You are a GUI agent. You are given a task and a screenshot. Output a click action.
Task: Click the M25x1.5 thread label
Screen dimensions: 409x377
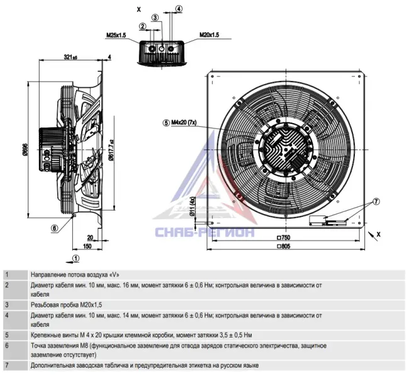click(x=116, y=35)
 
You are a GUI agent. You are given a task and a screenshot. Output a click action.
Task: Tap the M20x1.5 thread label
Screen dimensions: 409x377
click(x=209, y=35)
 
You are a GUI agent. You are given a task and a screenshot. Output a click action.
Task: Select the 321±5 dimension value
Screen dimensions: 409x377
click(x=70, y=57)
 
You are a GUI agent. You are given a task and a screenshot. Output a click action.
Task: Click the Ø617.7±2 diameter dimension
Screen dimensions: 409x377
click(x=111, y=150)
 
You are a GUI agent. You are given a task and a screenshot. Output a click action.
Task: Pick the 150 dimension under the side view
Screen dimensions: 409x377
click(x=87, y=246)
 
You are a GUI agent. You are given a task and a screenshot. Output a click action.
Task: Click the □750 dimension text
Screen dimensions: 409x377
click(x=283, y=238)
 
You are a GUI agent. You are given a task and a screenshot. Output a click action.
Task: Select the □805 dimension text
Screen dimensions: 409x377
click(x=283, y=246)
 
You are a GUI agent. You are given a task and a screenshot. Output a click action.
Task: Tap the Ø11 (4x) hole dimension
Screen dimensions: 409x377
click(x=193, y=207)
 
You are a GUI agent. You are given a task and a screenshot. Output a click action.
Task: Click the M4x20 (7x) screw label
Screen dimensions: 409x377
click(x=184, y=123)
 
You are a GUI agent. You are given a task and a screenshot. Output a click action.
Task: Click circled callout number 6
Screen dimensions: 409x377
click(x=55, y=228)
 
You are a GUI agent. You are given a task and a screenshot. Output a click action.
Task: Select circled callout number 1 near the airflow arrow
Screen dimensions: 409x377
click(x=76, y=258)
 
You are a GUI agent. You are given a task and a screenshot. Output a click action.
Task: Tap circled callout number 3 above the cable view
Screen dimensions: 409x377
click(x=155, y=18)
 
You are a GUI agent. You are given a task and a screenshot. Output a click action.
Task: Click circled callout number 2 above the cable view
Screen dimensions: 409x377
click(x=142, y=26)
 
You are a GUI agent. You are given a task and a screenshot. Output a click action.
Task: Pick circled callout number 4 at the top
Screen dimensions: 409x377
click(x=179, y=9)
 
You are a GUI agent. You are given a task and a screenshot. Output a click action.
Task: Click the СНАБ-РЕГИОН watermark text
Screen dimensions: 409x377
click(x=204, y=232)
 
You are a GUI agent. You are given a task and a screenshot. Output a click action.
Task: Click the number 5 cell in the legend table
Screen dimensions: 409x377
click(x=7, y=335)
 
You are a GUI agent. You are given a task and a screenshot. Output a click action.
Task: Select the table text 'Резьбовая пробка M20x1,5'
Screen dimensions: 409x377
click(x=66, y=305)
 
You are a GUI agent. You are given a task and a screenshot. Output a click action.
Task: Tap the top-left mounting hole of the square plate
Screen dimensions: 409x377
click(x=212, y=76)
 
